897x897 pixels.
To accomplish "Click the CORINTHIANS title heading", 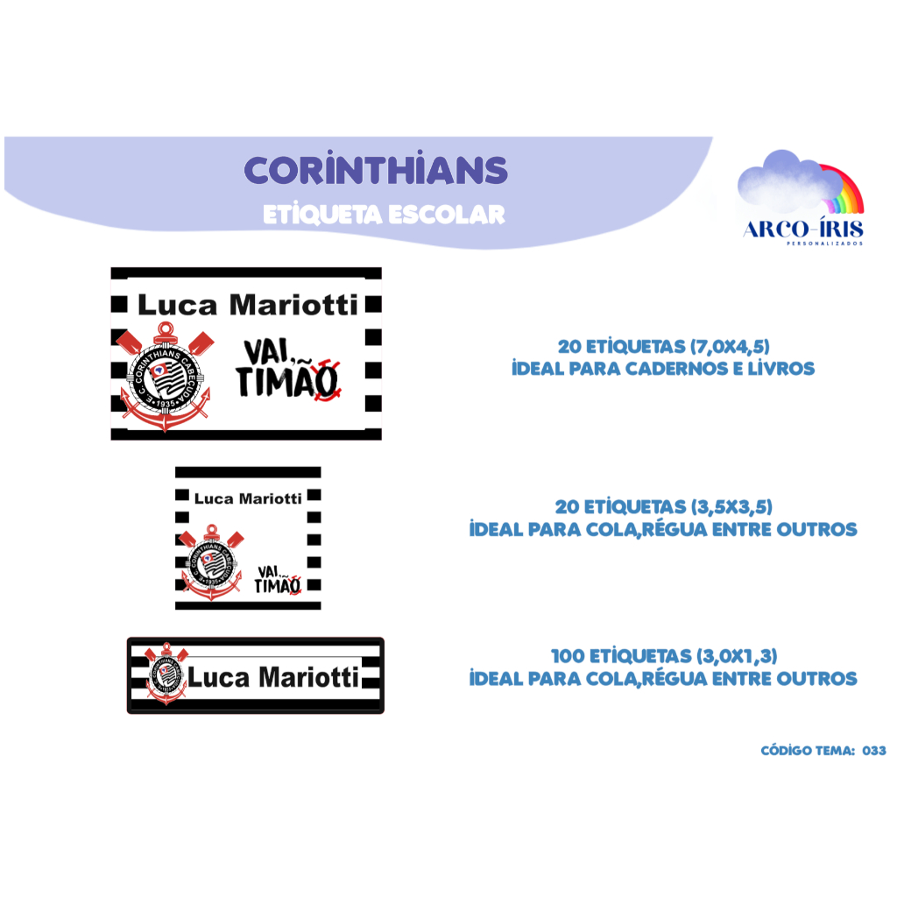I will pos(376,171).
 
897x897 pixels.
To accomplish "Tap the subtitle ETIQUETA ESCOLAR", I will pos(384,215).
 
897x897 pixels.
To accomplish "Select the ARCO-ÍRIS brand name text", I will pos(803,230).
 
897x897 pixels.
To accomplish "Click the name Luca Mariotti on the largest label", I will pos(248,305).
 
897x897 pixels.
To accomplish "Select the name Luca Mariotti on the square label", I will pos(248,498).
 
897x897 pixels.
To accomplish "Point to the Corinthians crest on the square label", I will pos(211,562).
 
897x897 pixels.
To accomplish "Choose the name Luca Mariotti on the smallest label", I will pos(274,677).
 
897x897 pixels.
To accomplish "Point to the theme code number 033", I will pos(874,751).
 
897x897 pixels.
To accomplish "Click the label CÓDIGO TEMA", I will pos(807,751).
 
